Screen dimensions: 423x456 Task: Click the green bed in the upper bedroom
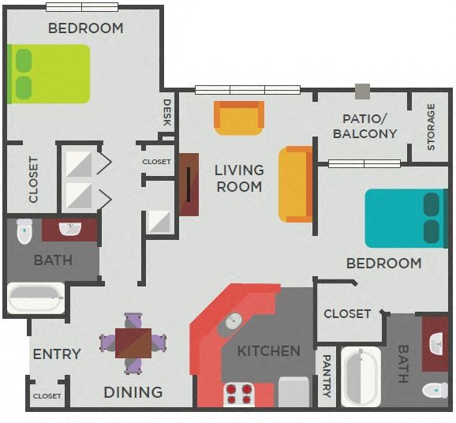click(x=49, y=73)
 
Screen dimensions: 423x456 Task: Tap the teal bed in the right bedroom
click(x=402, y=219)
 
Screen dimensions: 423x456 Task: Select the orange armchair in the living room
click(x=239, y=118)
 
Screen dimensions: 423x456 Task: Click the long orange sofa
click(x=297, y=184)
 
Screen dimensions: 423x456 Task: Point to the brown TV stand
click(x=189, y=184)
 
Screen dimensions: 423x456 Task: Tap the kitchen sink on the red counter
click(x=234, y=320)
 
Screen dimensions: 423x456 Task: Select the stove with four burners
click(x=240, y=393)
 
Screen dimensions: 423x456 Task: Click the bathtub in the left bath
click(x=36, y=298)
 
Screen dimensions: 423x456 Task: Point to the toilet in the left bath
click(x=24, y=230)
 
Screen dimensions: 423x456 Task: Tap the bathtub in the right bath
click(x=361, y=376)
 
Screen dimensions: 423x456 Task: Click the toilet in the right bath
click(x=435, y=390)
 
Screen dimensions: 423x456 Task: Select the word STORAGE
click(x=431, y=126)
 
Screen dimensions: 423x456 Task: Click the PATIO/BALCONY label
click(x=364, y=126)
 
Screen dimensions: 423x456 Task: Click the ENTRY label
click(x=57, y=354)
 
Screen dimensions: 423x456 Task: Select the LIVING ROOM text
click(x=239, y=178)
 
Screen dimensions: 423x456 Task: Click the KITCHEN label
click(x=269, y=350)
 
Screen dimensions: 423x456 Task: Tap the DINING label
click(x=133, y=391)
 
